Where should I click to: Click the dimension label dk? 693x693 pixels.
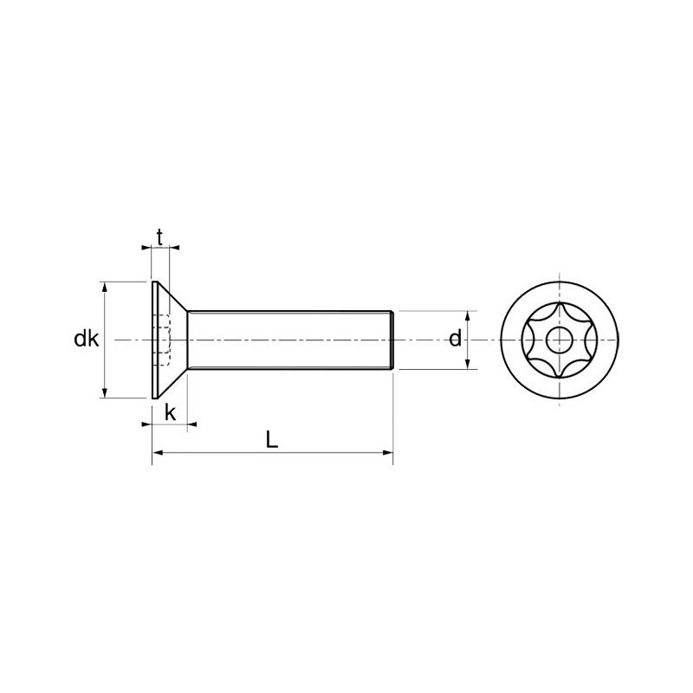tap(86, 340)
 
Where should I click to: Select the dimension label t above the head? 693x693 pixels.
tap(159, 236)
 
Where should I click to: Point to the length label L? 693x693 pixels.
tap(272, 440)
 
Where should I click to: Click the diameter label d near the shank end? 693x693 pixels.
tap(455, 340)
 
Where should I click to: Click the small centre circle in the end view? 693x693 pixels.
tap(561, 340)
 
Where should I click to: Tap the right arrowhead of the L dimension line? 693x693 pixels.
tap(389, 452)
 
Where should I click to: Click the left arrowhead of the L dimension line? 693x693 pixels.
tap(158, 452)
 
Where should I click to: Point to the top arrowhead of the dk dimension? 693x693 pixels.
tap(104, 287)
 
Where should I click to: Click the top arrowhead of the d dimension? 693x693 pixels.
tap(469, 315)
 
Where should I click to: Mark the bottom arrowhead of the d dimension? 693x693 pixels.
tap(469, 365)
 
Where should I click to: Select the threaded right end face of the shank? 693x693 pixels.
tap(394, 340)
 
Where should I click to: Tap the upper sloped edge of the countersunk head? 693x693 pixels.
tap(172, 297)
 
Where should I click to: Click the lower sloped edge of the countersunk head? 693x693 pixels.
tap(172, 382)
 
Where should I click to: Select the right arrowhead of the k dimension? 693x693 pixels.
tap(191, 424)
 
